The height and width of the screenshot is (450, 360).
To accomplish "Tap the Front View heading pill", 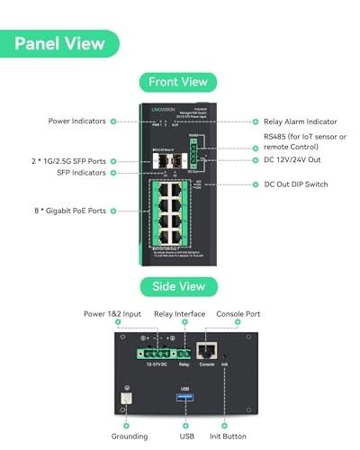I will (177, 82).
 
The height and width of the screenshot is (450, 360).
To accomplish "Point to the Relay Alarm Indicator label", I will (301, 121).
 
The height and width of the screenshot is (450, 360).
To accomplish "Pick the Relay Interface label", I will (177, 314).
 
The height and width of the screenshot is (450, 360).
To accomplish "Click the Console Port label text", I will (238, 314).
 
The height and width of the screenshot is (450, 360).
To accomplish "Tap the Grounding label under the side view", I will (130, 436).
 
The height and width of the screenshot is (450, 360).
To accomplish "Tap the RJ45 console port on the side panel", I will (206, 351).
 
